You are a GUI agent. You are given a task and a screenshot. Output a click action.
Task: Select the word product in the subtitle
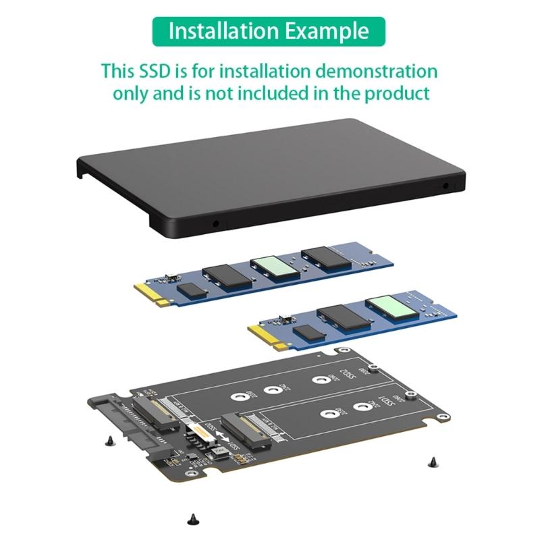[396, 92]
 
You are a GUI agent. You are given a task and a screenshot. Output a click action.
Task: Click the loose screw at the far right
[432, 462]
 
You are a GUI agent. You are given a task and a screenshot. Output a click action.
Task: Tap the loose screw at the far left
[109, 441]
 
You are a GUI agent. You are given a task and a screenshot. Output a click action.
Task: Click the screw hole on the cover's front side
[217, 223]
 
